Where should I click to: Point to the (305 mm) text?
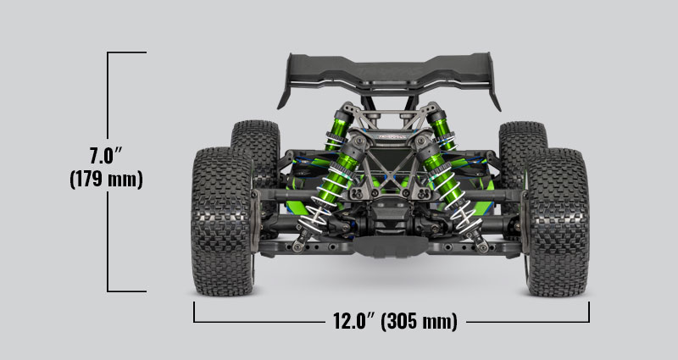pyautogui.click(x=420, y=322)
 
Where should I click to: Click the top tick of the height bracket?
pyautogui.click(x=127, y=53)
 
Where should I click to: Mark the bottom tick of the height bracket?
pyautogui.click(x=127, y=291)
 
